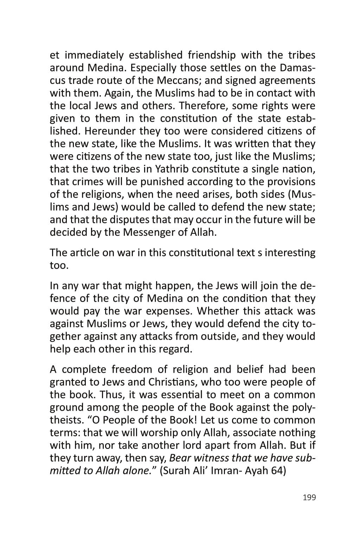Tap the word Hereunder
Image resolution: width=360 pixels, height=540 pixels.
pos(109,131)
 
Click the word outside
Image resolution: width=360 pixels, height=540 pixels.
pos(219,336)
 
